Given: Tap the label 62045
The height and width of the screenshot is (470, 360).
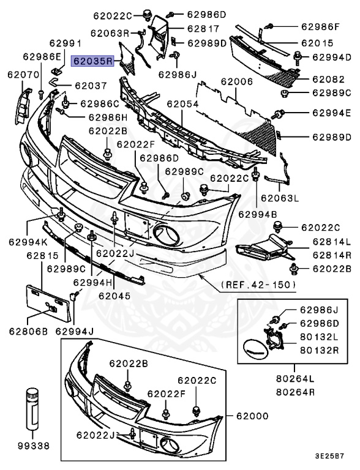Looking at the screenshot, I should [x=114, y=295].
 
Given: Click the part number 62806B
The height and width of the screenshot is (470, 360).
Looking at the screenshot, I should [x=28, y=332].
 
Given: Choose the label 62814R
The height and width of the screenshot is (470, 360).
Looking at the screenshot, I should [x=330, y=255].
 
